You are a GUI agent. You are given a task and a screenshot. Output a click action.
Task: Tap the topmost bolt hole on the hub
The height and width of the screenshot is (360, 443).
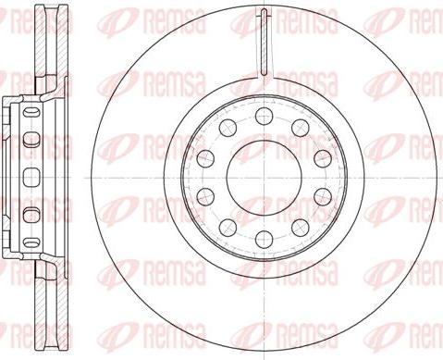tap(265, 115)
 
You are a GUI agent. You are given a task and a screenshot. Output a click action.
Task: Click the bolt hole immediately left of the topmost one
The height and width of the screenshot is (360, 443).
tap(228, 127)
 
